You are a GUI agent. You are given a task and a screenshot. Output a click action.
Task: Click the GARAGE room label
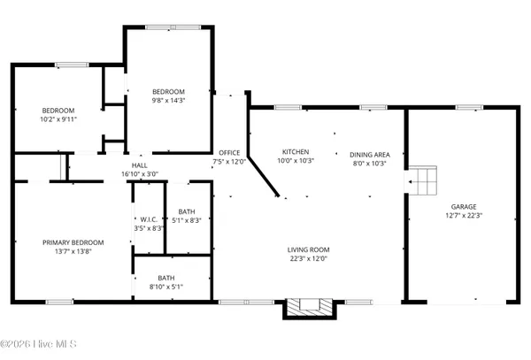(x=464, y=205)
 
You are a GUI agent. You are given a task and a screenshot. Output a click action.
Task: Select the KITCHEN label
(x=296, y=151)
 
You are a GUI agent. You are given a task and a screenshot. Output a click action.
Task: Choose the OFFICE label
(x=229, y=151)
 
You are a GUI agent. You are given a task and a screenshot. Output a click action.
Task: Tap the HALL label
(x=140, y=165)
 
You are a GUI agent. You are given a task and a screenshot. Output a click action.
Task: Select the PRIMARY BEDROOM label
(x=74, y=242)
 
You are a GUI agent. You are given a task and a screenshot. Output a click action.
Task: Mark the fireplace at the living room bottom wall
(x=307, y=307)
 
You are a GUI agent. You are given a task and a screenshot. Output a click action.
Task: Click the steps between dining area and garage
(x=422, y=181)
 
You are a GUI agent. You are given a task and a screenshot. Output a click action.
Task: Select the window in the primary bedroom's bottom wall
(x=59, y=302)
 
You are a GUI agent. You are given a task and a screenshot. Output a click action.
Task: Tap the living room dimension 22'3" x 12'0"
(x=307, y=258)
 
